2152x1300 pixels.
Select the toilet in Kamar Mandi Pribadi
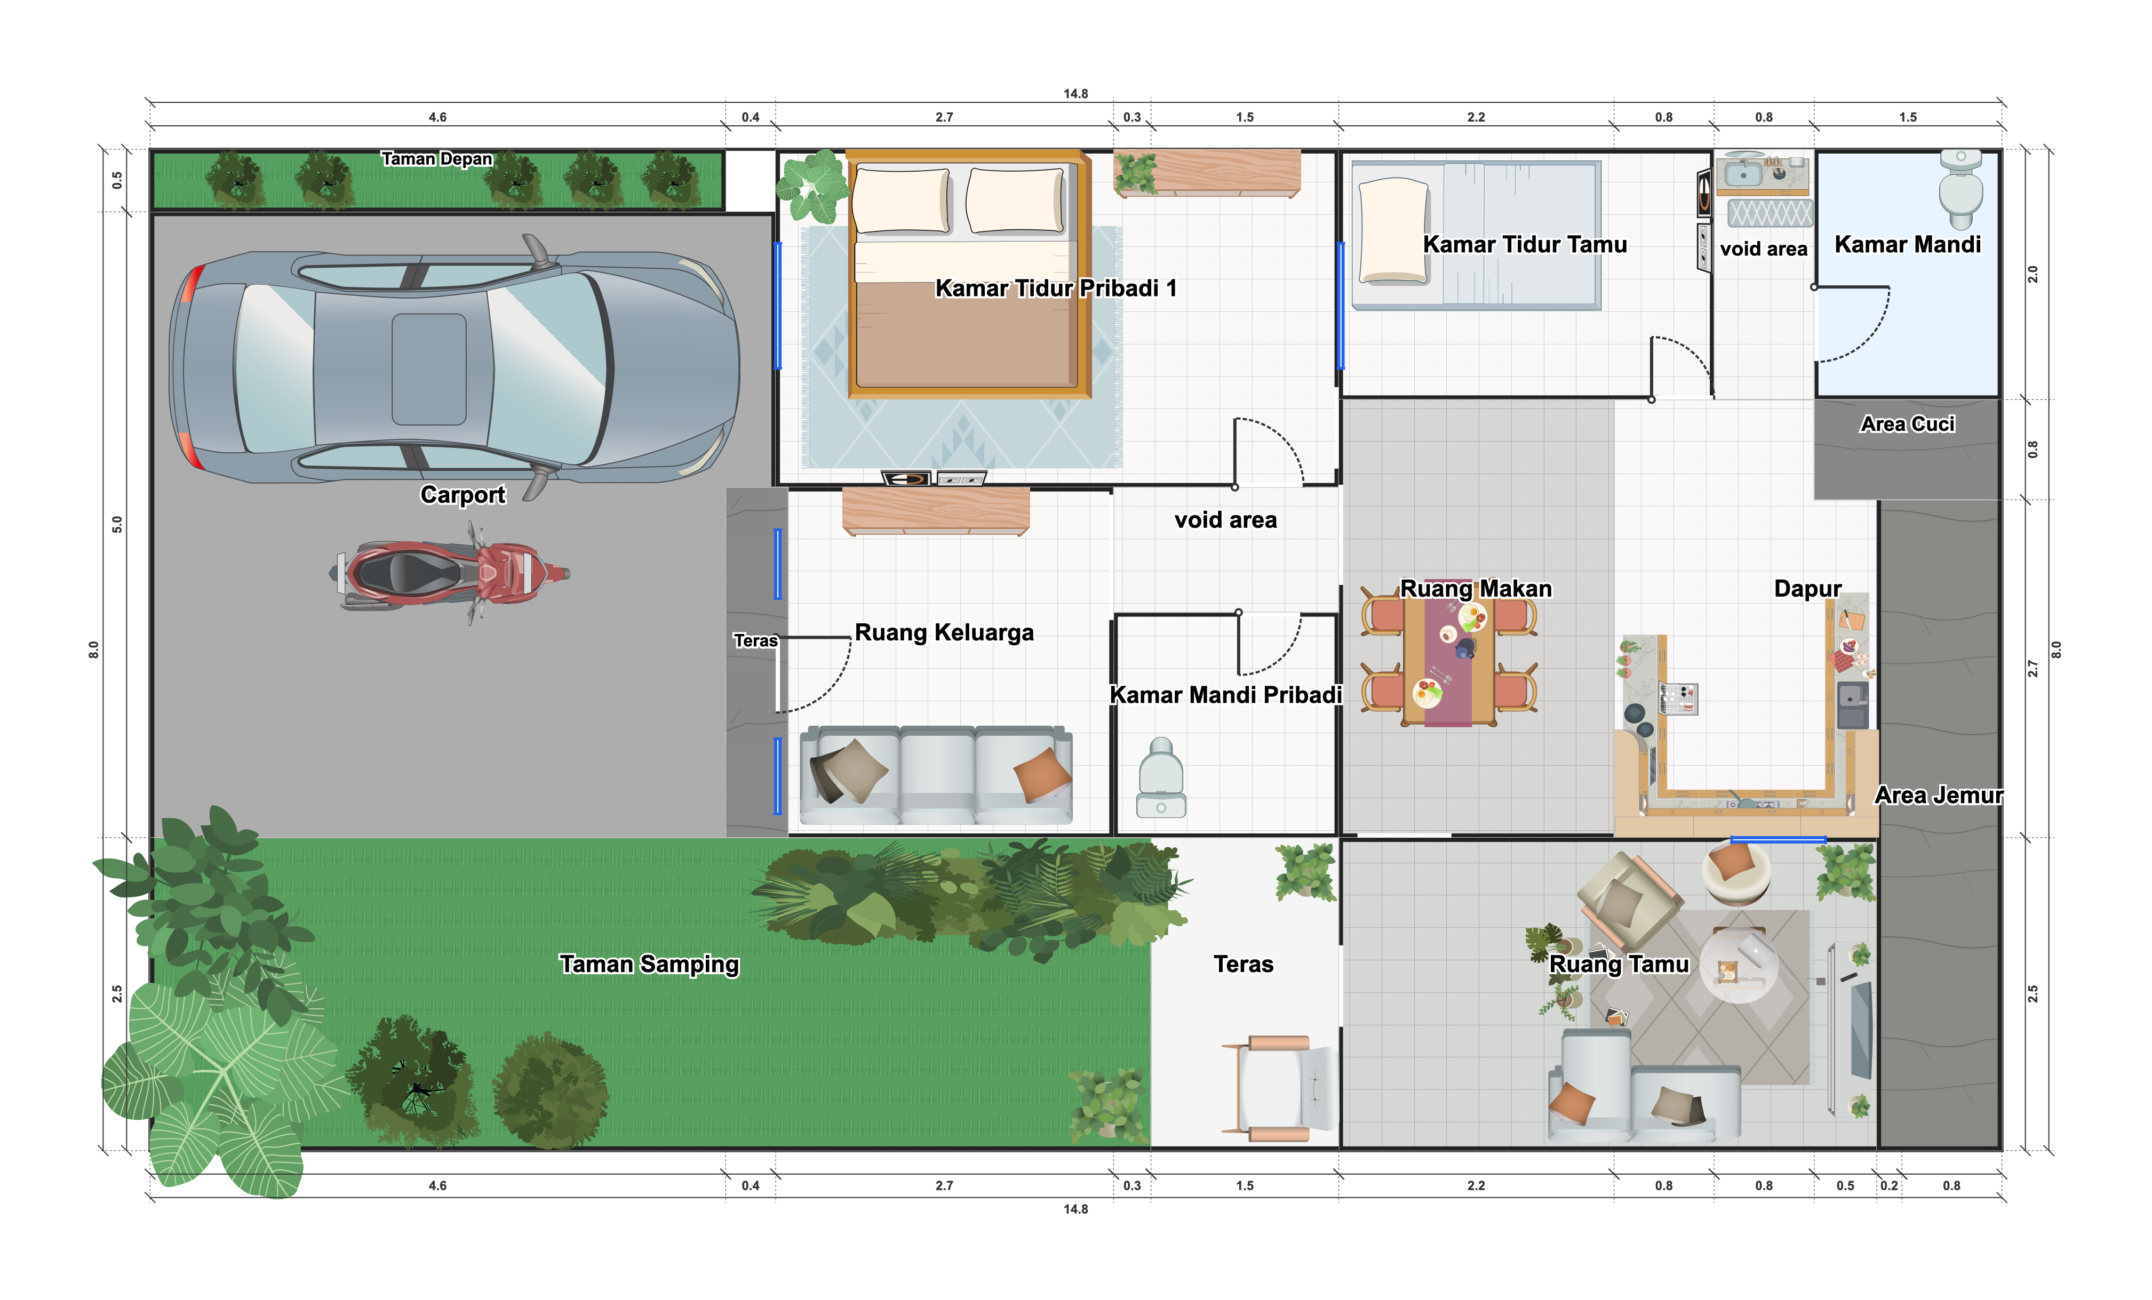point(1161,777)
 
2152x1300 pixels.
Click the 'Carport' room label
point(463,495)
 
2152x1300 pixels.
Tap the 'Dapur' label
point(1807,589)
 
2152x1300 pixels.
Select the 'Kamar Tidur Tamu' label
point(1525,244)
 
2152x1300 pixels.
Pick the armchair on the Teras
point(1279,1088)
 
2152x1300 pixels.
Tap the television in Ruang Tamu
point(1861,1030)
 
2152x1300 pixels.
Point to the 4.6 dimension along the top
point(437,117)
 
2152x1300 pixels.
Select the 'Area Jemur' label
point(1938,796)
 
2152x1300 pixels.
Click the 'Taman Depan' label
point(437,159)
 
